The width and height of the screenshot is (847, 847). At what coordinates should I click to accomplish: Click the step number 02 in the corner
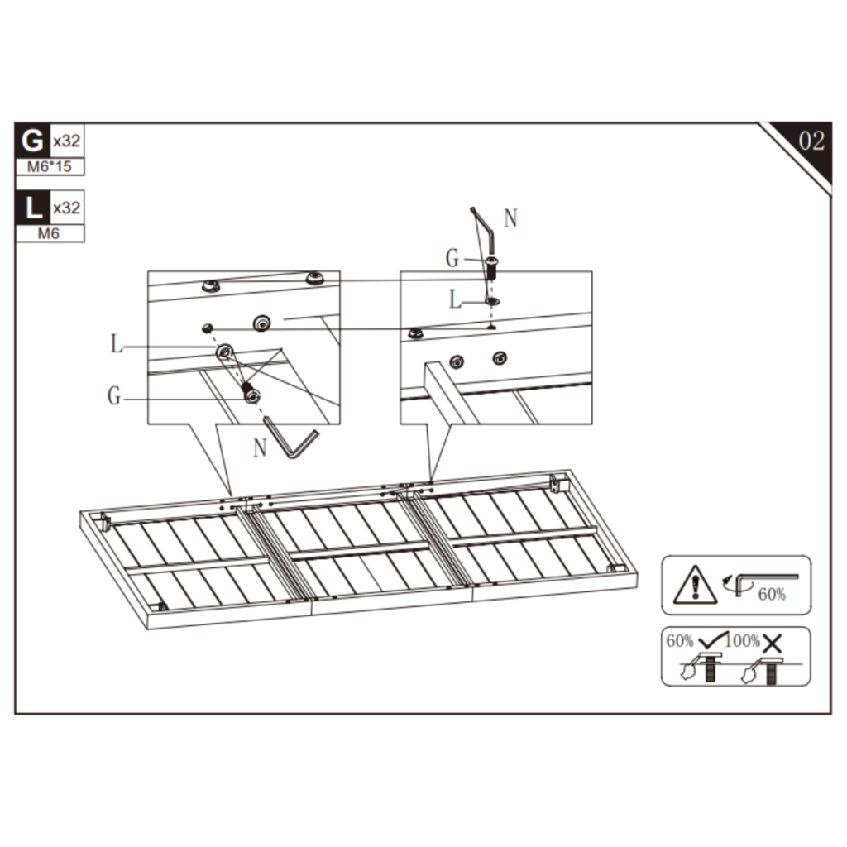(811, 141)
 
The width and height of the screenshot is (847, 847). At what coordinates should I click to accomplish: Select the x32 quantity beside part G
(66, 141)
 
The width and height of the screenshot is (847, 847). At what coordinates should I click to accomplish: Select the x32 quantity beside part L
(66, 208)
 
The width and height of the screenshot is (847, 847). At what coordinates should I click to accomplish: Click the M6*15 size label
(50, 167)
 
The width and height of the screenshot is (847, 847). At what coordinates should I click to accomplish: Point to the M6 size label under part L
(50, 234)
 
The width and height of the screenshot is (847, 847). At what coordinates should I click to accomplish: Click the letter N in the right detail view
(510, 218)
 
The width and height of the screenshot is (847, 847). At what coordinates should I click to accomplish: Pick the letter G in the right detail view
(452, 259)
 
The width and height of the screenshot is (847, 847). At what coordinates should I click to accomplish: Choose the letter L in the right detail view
(455, 300)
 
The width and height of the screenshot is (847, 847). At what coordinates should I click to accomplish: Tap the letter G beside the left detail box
(114, 397)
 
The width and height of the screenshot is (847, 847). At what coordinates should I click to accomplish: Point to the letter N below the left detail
(260, 448)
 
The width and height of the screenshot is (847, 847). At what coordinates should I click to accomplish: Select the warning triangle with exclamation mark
(695, 586)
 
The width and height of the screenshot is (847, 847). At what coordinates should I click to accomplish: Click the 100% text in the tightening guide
(744, 641)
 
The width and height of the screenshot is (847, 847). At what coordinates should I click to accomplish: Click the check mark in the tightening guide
(711, 639)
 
